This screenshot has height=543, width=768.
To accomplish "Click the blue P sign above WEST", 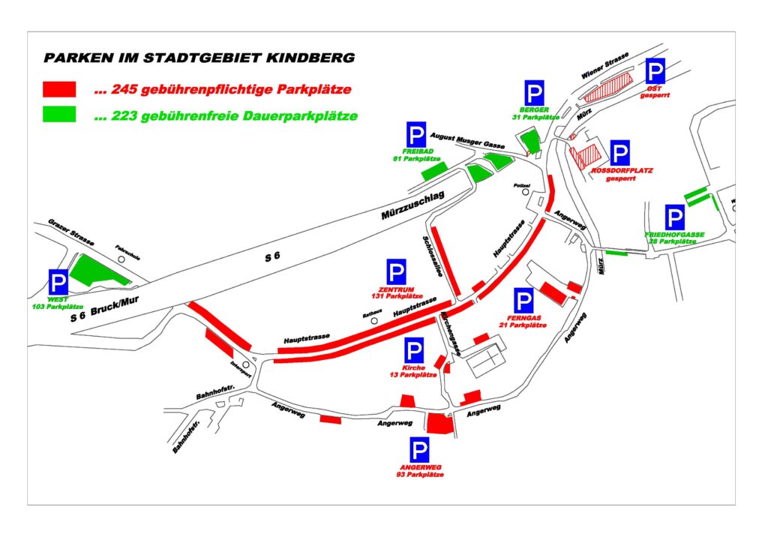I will pyautogui.click(x=58, y=282).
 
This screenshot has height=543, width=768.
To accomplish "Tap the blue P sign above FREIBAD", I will pyautogui.click(x=417, y=135).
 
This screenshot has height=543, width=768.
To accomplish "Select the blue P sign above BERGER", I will pyautogui.click(x=534, y=94).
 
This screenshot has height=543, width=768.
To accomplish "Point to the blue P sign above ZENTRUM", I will pyautogui.click(x=396, y=272).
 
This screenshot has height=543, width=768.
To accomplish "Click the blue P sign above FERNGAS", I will pyautogui.click(x=523, y=301).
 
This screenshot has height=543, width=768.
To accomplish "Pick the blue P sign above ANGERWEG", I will pyautogui.click(x=419, y=450).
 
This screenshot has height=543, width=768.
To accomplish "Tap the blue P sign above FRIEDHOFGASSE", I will pyautogui.click(x=675, y=218).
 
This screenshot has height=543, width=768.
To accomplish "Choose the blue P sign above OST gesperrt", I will pyautogui.click(x=655, y=73).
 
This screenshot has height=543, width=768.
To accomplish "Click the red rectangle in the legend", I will pyautogui.click(x=60, y=89).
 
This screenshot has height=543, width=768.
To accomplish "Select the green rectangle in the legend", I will pyautogui.click(x=60, y=115).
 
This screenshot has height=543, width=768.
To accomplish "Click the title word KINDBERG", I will pyautogui.click(x=313, y=58).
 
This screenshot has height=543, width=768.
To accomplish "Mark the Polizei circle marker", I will pyautogui.click(x=526, y=191).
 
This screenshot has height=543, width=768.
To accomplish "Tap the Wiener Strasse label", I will pyautogui.click(x=603, y=69).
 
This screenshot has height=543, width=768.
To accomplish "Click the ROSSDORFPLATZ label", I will pyautogui.click(x=622, y=171).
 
